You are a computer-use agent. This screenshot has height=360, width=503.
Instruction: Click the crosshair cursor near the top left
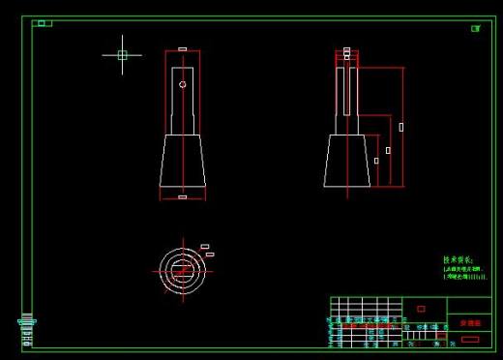tap(122, 55)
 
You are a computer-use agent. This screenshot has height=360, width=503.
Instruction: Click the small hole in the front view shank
tap(182, 84)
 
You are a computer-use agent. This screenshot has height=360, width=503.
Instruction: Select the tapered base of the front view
tap(183, 160)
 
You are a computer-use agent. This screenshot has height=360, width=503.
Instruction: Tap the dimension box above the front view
tap(182, 48)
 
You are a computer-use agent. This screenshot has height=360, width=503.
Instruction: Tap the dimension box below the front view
tap(183, 197)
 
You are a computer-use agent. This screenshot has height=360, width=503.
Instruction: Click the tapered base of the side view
tap(347, 160)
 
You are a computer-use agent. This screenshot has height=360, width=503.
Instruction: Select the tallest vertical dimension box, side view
tap(401, 127)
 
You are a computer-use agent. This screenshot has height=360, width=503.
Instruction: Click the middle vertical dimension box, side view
tap(388, 150)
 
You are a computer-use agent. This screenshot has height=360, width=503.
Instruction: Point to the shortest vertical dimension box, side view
tap(376, 160)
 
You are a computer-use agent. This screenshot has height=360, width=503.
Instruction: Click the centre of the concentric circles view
tap(181, 268)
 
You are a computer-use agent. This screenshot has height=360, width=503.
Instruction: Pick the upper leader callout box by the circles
tap(205, 247)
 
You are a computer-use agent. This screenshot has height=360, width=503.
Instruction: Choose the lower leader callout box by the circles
tap(210, 255)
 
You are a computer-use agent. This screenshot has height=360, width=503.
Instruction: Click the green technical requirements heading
tap(458, 259)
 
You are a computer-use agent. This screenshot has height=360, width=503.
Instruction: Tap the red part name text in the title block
tap(469, 322)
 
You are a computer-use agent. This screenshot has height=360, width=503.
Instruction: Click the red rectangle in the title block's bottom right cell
tap(470, 339)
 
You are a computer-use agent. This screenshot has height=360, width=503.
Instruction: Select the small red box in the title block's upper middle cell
tap(421, 309)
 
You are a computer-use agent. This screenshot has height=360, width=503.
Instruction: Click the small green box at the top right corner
tap(475, 28)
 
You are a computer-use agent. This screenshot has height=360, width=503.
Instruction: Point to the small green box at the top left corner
tap(42, 23)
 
